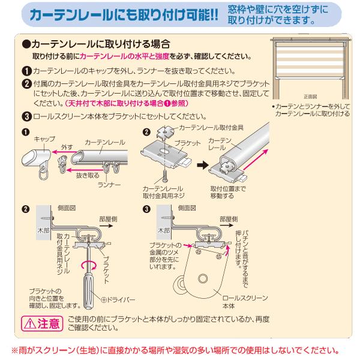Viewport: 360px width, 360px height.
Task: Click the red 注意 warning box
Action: [x=41, y=324]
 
